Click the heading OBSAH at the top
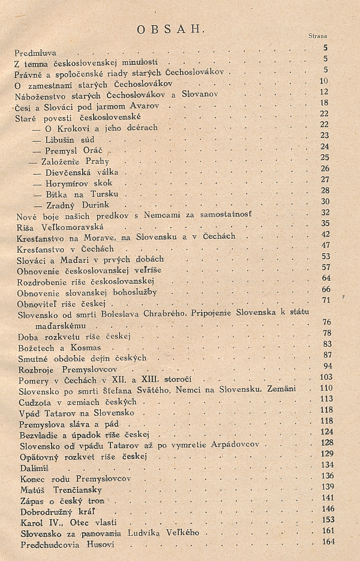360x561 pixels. click(171, 29)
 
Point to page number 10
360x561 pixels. click(324, 81)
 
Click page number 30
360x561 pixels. click(326, 202)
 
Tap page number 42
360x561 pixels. click(326, 234)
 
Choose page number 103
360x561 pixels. click(326, 377)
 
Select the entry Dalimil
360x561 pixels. click(33, 466)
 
